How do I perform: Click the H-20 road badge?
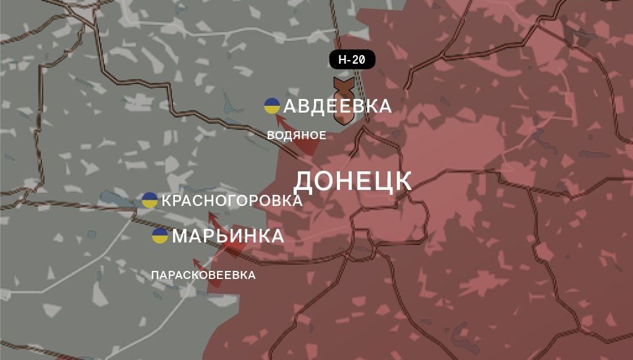(352, 60)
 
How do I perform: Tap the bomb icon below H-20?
(342, 101)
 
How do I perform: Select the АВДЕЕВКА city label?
(337, 106)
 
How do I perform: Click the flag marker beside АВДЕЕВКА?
(271, 106)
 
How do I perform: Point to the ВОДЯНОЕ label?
(296, 135)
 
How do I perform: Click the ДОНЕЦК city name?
(352, 181)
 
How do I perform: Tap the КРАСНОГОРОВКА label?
(232, 200)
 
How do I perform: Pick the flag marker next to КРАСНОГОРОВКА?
(150, 200)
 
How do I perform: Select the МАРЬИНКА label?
(227, 236)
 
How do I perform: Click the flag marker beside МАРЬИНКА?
(159, 236)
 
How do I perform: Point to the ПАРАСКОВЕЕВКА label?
(203, 275)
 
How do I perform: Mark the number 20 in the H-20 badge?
(359, 60)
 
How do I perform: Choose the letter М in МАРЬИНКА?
(180, 236)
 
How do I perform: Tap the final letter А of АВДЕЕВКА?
(384, 106)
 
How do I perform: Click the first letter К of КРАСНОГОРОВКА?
(166, 200)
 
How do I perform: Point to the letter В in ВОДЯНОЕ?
(270, 135)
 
